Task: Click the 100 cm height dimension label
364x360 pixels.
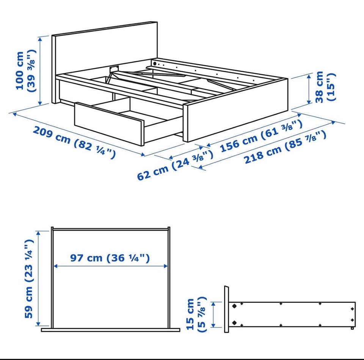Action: tap(25, 70)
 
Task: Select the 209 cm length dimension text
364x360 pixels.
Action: tap(74, 142)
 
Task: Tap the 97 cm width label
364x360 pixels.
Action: tap(110, 258)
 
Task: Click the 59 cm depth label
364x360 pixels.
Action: tap(29, 279)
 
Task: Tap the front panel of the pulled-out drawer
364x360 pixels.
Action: tap(109, 124)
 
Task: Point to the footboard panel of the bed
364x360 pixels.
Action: tap(235, 110)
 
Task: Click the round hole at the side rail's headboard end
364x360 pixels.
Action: tap(155, 63)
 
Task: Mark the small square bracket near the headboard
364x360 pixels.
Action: tap(114, 69)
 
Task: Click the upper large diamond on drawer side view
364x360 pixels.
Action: tap(234, 306)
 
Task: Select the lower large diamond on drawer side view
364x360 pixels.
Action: tap(234, 322)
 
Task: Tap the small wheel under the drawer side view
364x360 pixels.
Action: tap(352, 328)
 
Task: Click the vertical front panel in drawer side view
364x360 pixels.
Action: tap(227, 309)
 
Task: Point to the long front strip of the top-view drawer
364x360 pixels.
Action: tap(110, 330)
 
